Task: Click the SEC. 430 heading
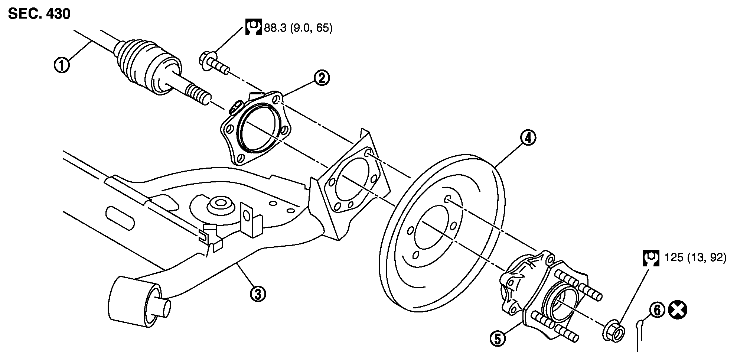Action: click(39, 14)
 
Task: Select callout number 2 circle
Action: click(322, 78)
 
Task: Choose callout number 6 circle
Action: click(657, 310)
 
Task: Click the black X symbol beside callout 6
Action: click(677, 310)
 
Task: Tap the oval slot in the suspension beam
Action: click(120, 218)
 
